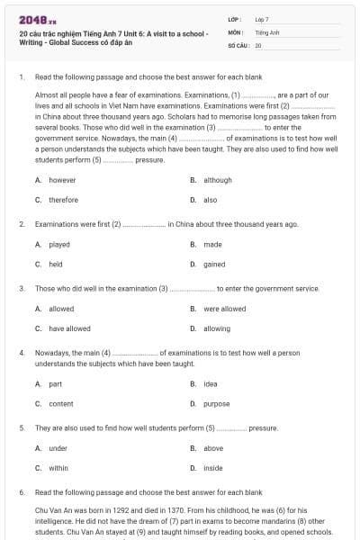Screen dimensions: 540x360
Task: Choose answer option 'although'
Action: [x=217, y=180]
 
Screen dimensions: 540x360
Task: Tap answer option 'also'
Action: [x=210, y=200]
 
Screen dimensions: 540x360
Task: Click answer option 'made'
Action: [x=212, y=244]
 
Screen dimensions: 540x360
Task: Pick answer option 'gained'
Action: [x=214, y=265]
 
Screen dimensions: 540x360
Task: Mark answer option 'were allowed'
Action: [x=224, y=309]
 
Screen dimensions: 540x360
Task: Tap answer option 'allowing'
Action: [x=216, y=328]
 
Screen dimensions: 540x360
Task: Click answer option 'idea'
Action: [x=211, y=383]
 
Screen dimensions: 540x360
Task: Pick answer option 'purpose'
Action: [x=216, y=403]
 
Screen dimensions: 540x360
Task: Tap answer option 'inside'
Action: [x=212, y=468]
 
